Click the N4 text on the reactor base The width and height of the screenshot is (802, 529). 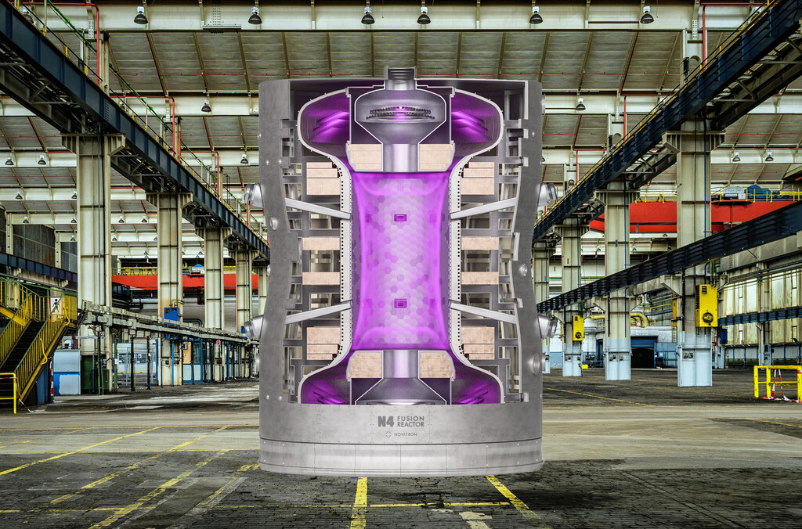tap(385, 421)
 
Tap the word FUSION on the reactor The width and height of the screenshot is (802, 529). tap(411, 418)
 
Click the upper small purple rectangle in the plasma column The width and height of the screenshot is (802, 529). tap(400, 217)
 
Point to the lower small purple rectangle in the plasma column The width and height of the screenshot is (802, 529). tap(400, 303)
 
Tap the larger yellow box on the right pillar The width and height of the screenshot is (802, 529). tap(706, 306)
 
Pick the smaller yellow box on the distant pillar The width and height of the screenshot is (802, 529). tap(578, 327)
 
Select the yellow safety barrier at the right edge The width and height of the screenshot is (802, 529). tap(777, 382)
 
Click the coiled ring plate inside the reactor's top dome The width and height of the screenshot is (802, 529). tap(400, 113)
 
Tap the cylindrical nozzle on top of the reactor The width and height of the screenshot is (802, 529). tap(400, 78)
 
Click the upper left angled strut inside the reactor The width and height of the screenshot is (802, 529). tap(317, 208)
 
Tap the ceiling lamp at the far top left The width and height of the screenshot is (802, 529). tap(140, 16)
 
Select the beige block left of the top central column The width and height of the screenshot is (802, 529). tap(364, 157)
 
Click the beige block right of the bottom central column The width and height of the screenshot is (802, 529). tap(435, 364)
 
